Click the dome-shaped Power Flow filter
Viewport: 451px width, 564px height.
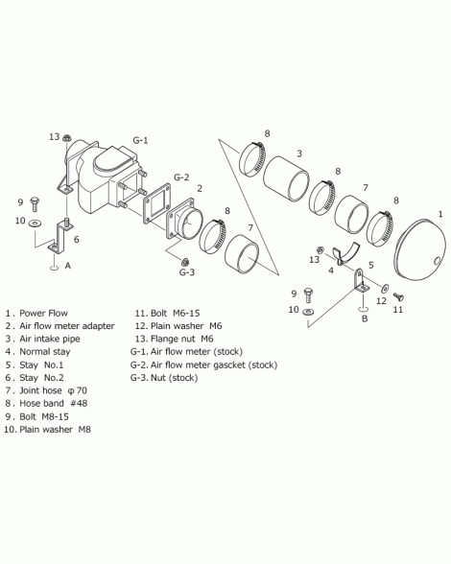420,248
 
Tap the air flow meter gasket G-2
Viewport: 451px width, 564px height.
157,204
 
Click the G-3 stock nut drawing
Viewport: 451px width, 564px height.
185,262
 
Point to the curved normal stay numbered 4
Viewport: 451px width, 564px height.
345,254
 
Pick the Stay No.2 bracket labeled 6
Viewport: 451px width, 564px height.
60,238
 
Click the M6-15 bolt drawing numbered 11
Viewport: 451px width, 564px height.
398,297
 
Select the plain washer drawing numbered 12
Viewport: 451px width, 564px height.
385,288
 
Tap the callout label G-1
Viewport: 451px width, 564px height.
140,140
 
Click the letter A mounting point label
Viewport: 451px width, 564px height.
68,266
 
